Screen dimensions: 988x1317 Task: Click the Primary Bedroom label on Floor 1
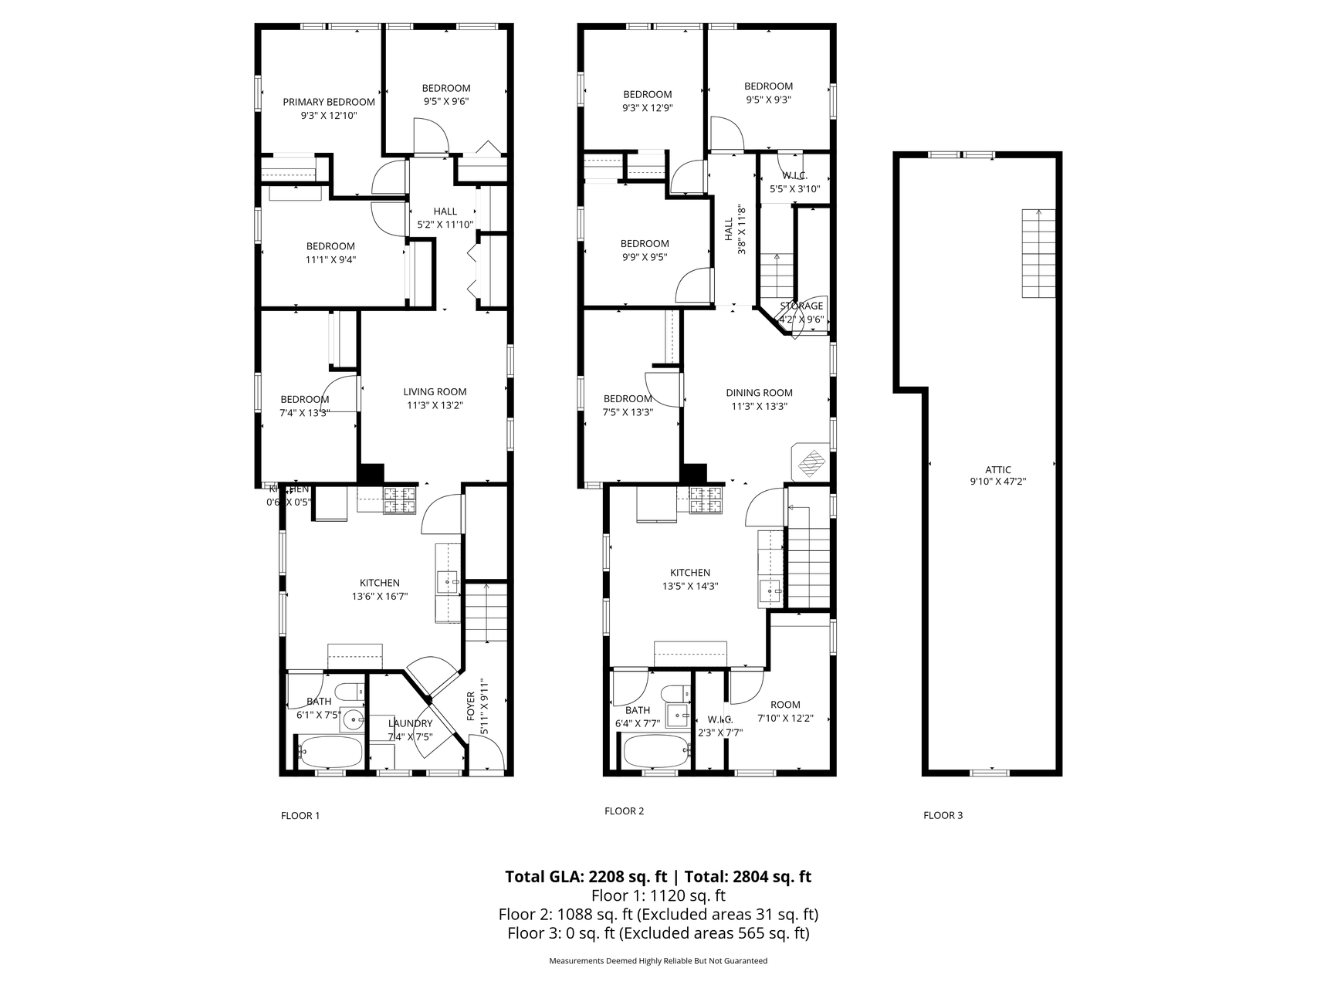click(x=329, y=102)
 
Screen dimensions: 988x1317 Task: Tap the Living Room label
click(x=435, y=391)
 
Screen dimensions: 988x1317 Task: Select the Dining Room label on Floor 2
click(x=759, y=392)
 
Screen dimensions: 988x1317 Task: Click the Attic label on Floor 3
click(x=997, y=469)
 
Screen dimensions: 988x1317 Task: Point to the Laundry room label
click(x=410, y=723)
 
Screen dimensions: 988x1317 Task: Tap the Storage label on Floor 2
click(x=801, y=306)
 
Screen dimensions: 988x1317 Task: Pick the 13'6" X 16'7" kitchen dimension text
click(x=380, y=596)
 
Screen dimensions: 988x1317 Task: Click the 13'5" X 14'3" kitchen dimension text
click(x=690, y=586)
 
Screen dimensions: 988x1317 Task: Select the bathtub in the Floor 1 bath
click(x=330, y=750)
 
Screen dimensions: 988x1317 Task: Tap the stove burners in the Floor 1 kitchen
click(x=400, y=500)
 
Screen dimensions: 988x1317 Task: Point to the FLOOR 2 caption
click(x=624, y=810)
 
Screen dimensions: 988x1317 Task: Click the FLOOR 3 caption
click(x=943, y=815)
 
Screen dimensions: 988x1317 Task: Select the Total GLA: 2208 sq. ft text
click(x=585, y=876)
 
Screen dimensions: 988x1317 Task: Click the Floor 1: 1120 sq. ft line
click(x=658, y=895)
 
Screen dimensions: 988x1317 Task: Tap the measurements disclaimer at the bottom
click(x=658, y=961)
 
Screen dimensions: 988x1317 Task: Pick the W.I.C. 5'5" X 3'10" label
click(x=794, y=182)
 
